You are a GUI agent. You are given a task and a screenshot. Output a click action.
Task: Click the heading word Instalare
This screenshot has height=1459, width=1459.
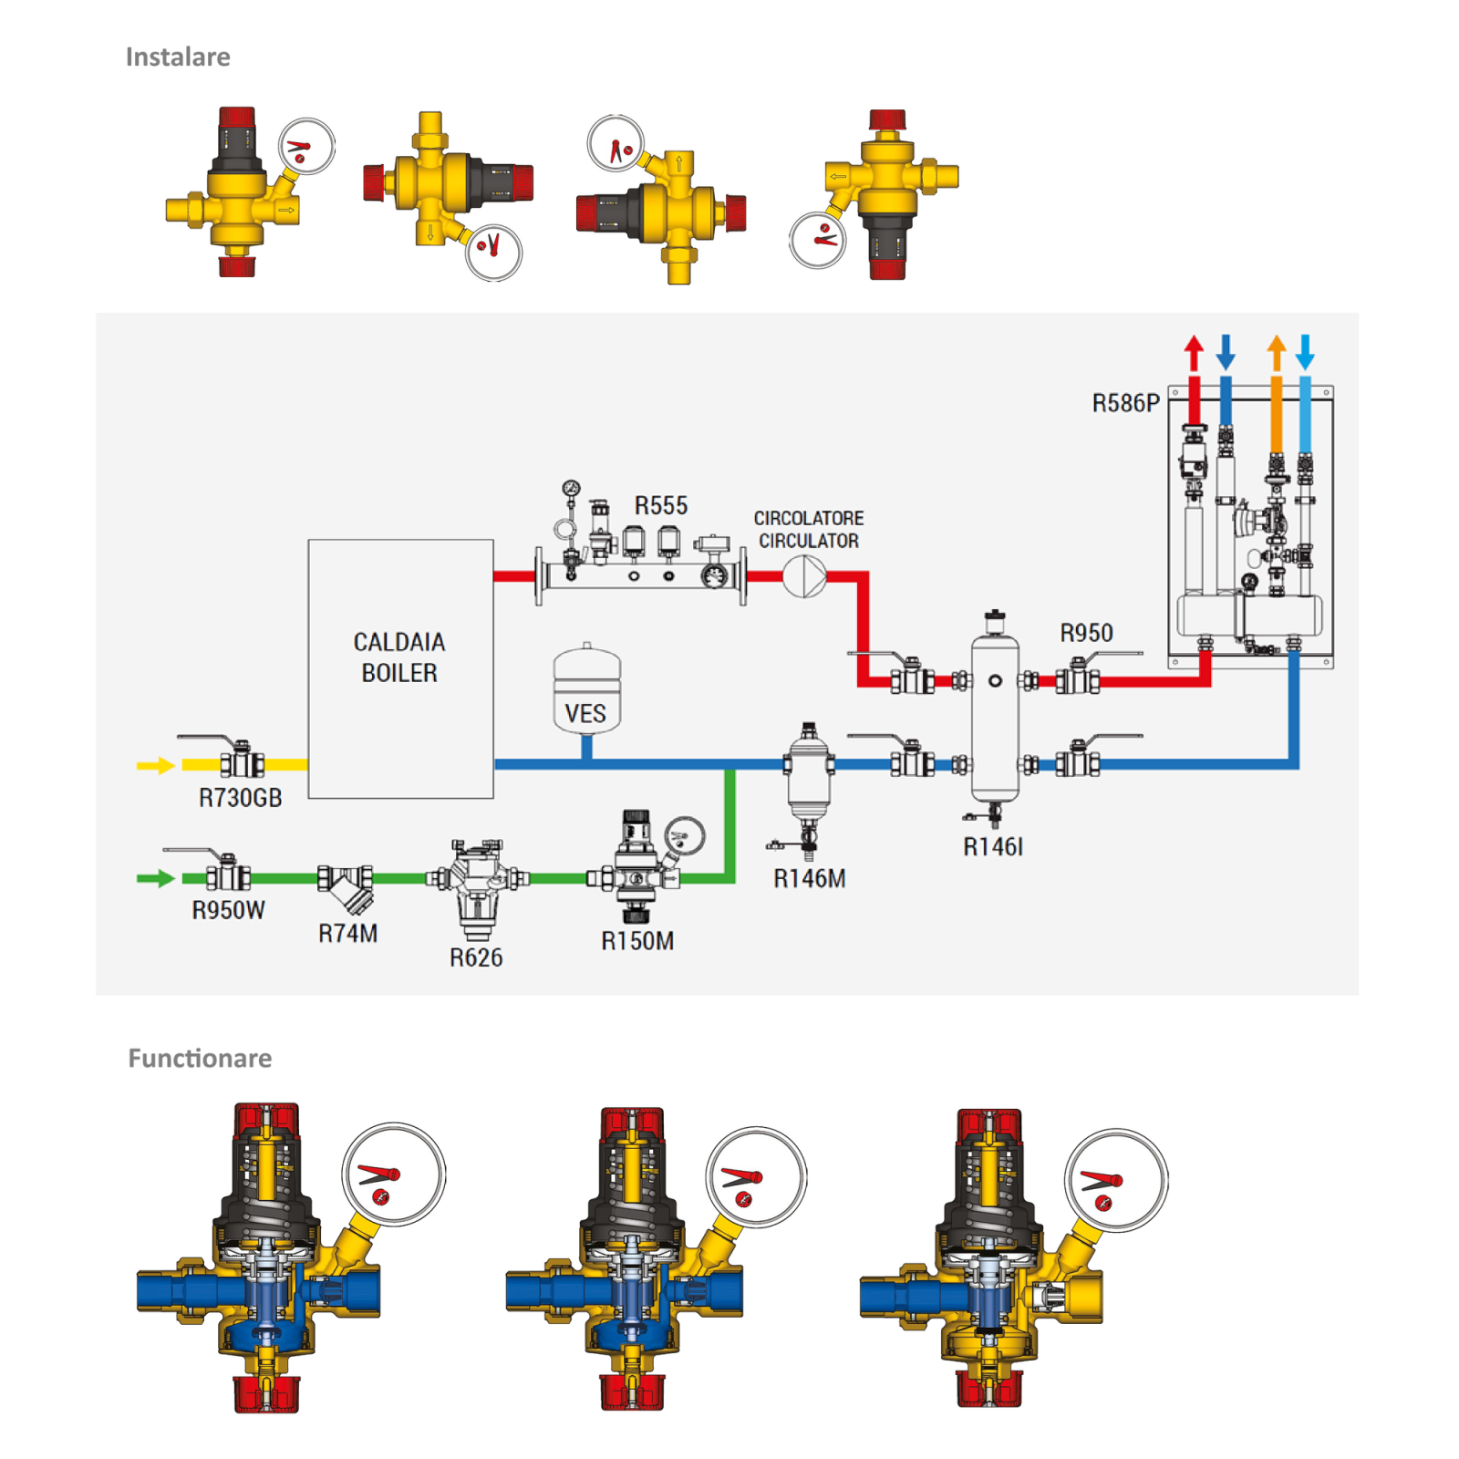click(x=178, y=57)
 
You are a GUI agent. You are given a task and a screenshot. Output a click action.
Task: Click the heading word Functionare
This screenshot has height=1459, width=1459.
click(x=200, y=1058)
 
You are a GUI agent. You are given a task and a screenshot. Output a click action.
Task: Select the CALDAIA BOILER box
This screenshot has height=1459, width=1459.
click(x=400, y=668)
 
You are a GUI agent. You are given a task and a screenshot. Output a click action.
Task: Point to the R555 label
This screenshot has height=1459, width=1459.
click(x=661, y=506)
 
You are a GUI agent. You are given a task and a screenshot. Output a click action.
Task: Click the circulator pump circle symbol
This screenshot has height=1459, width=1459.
click(x=804, y=576)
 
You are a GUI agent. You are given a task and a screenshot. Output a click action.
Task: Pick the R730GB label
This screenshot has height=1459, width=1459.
click(x=241, y=798)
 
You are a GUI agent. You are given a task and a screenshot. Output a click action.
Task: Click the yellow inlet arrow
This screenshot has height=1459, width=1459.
click(x=155, y=765)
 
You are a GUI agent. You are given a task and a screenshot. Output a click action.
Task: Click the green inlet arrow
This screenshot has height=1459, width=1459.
click(x=155, y=878)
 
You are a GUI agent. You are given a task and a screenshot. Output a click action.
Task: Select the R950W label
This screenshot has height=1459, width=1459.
click(x=228, y=910)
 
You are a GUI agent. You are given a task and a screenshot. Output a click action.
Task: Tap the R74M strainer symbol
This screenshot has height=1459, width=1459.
click(x=347, y=887)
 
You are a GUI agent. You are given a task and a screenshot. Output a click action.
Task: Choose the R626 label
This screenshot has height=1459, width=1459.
click(x=476, y=957)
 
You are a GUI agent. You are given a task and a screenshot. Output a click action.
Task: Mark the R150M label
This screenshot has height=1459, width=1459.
click(x=637, y=941)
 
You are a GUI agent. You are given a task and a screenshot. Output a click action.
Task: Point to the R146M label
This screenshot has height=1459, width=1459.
click(x=810, y=878)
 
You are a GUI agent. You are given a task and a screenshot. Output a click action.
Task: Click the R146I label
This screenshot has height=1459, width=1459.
click(x=993, y=847)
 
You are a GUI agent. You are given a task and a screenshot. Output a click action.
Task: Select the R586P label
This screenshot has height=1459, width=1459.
click(x=1126, y=403)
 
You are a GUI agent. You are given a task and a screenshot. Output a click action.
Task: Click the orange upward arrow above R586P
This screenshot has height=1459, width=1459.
click(x=1277, y=352)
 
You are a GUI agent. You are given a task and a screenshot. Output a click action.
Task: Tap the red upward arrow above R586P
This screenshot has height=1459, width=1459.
click(x=1194, y=352)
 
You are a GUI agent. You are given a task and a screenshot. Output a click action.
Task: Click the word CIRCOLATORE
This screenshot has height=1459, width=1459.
click(x=809, y=518)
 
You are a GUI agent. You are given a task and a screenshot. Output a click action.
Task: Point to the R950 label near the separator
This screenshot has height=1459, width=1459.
click(x=1086, y=633)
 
